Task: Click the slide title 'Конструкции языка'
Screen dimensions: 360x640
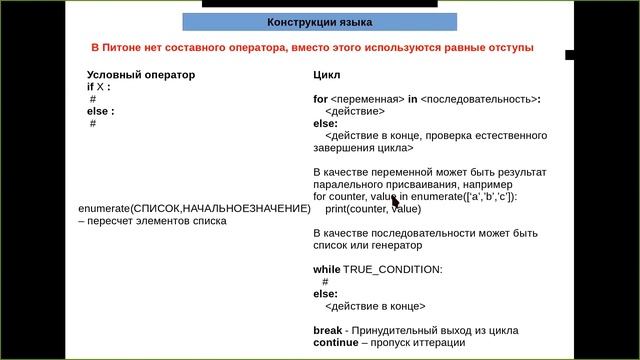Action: [x=319, y=22]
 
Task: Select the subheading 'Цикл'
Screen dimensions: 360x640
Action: [x=327, y=75]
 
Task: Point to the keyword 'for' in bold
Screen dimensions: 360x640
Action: [x=320, y=99]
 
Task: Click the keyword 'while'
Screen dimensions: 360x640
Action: [x=327, y=270]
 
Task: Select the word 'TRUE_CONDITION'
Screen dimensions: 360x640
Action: [x=392, y=270]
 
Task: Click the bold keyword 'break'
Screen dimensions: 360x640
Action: [x=329, y=330]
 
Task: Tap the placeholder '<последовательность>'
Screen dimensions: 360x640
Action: [x=479, y=99]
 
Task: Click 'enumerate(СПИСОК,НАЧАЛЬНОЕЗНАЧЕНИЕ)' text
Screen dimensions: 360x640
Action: [x=194, y=208]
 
